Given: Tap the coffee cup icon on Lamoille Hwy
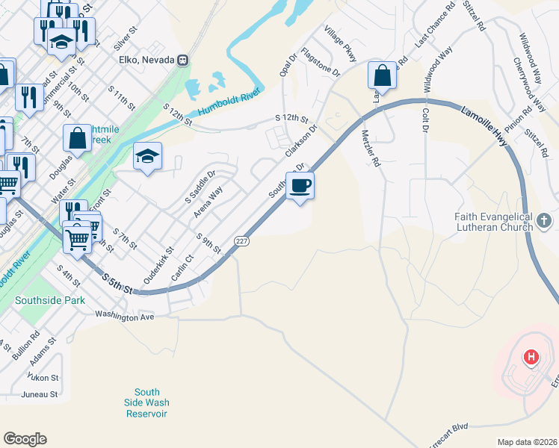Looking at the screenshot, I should [x=300, y=185].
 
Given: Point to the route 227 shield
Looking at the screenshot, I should [x=241, y=240].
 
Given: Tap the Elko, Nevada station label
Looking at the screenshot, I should [x=146, y=60].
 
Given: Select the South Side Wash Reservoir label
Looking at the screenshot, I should [x=147, y=403].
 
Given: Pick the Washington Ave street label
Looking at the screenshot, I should [x=124, y=317].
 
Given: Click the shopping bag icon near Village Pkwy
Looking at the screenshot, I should [x=382, y=75].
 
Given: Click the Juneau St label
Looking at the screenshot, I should [x=40, y=394].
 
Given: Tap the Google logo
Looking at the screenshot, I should [x=25, y=439].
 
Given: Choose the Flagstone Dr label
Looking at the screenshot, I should [x=320, y=63].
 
